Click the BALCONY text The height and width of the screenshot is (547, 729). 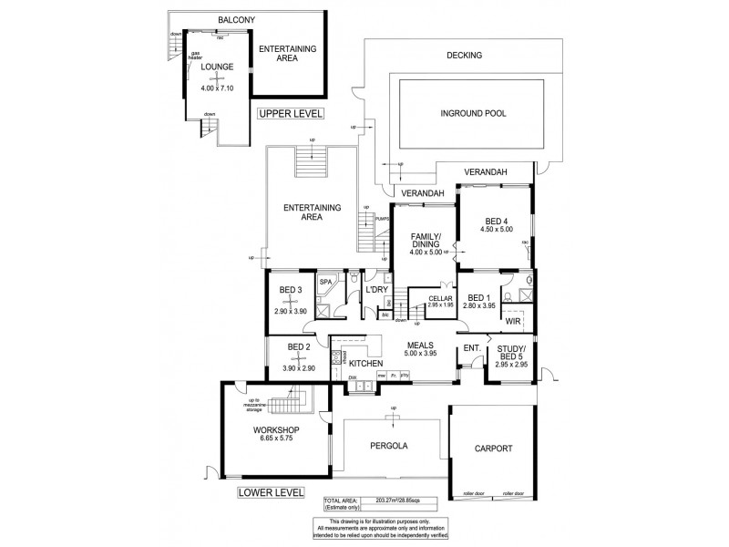(237, 19)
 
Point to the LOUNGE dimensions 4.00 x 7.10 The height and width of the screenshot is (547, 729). (217, 88)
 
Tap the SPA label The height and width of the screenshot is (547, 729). (324, 284)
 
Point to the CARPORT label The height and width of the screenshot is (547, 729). (493, 449)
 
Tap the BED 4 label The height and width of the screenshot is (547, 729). (496, 222)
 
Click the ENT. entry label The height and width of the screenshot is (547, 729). (471, 348)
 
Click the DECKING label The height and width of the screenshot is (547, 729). (464, 56)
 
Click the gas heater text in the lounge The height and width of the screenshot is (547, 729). (195, 56)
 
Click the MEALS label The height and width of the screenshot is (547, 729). (420, 346)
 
